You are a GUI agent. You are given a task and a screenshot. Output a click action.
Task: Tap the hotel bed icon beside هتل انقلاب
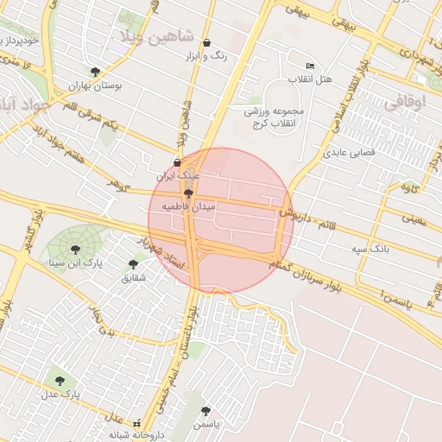[310, 66]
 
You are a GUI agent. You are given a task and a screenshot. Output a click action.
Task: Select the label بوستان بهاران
[98, 86]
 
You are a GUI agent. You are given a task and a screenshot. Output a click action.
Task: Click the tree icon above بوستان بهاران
[95, 73]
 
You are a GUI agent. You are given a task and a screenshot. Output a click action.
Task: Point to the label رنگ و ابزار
[206, 55]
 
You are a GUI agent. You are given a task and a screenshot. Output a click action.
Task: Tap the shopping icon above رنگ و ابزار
[206, 42]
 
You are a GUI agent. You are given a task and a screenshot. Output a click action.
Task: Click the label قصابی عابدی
[347, 153]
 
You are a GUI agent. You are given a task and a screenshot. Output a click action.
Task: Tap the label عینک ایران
[177, 175]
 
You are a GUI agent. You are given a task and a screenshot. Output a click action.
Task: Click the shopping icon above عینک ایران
[178, 162]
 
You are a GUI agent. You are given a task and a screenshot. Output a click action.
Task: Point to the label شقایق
[134, 277]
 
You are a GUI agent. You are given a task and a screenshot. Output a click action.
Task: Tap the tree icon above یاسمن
[205, 412]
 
